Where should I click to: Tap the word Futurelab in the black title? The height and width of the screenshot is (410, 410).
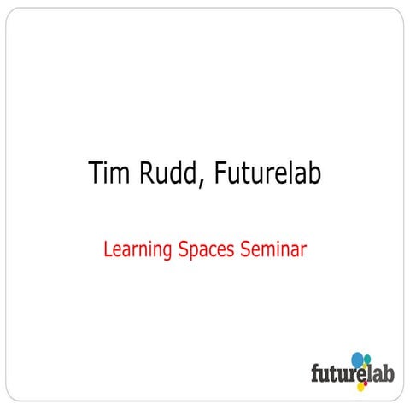coord(269,173)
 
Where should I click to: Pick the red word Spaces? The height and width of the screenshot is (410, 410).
coord(208,250)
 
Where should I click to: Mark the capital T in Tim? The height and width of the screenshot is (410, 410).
coord(95,173)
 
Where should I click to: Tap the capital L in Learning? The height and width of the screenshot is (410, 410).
coord(106,249)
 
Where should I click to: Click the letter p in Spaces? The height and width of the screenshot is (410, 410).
coord(196,252)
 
